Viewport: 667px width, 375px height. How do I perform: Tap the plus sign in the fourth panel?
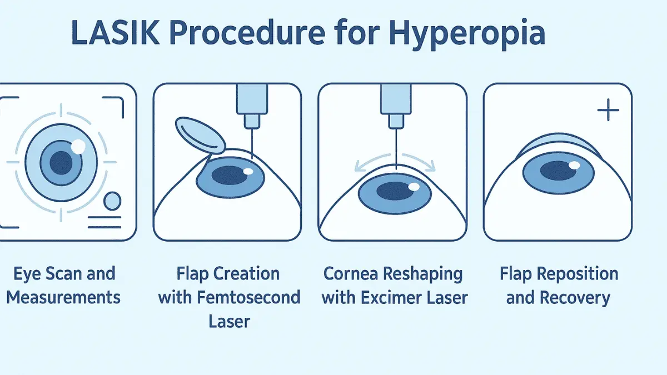coord(608,111)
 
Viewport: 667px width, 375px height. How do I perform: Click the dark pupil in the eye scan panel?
coord(61,163)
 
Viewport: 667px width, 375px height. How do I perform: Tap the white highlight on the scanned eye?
coord(78,147)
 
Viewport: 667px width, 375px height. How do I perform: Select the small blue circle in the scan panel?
coord(113,201)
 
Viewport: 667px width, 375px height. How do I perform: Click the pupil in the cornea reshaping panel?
coord(396,191)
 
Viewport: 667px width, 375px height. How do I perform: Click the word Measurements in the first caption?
coord(63,297)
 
